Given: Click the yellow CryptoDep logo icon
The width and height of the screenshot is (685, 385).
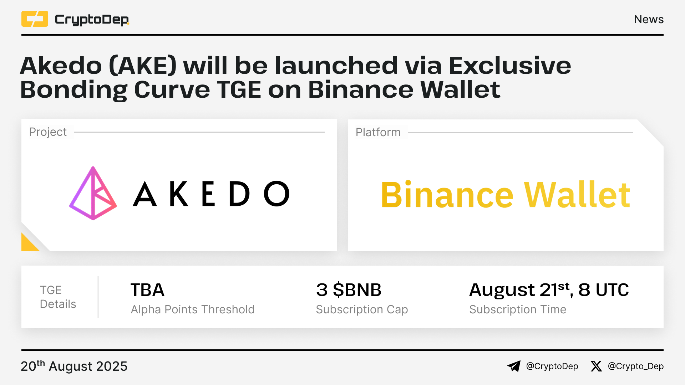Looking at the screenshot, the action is tap(35, 19).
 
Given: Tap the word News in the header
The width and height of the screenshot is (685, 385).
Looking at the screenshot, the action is tap(649, 19).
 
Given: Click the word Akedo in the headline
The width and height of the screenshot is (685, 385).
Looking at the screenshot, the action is tap(61, 66).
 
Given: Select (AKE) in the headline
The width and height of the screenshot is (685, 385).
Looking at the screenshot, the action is tap(143, 66).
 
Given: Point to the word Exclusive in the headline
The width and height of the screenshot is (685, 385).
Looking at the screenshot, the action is tap(510, 66).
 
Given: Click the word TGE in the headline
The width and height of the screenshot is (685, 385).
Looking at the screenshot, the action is tap(239, 89).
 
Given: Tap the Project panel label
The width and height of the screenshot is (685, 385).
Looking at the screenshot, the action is tap(48, 132).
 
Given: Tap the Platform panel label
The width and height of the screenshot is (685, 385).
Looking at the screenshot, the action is tap(378, 132).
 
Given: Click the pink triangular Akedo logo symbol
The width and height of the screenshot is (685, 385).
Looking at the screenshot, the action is tap(93, 193).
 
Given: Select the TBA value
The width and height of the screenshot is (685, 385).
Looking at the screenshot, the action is tap(147, 290).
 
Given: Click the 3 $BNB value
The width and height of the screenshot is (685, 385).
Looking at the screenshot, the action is tap(349, 290).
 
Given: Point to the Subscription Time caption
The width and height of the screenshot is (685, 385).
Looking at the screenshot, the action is tap(518, 309).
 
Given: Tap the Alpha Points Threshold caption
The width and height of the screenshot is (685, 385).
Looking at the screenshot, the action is tap(193, 309).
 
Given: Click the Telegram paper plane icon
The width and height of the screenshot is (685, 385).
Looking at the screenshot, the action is tap(514, 366).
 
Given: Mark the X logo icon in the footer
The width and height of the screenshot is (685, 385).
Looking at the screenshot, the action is tap(596, 366).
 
